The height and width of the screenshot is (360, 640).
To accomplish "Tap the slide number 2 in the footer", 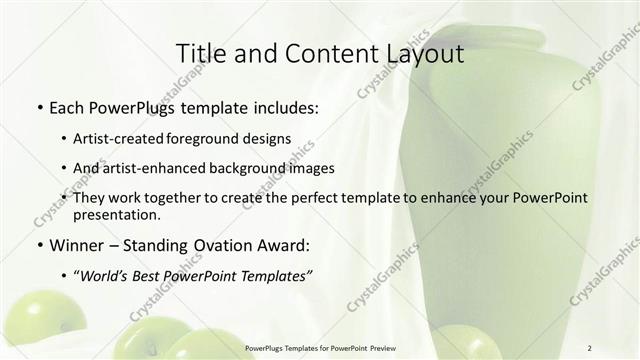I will click(590, 348).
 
